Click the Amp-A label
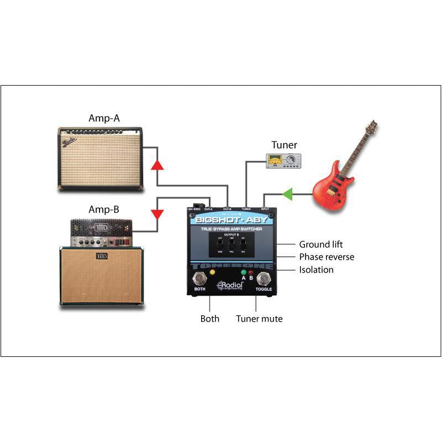pos(103,118)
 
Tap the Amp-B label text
pos(103,209)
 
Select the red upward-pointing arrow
pos(157,165)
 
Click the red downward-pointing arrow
pos(157,213)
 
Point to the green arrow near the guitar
pos(287,194)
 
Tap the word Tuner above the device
pos(284,145)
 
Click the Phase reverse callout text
pos(327,257)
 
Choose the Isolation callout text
pos(316,270)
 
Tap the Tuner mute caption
pos(259,319)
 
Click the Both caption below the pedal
pos(209,319)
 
